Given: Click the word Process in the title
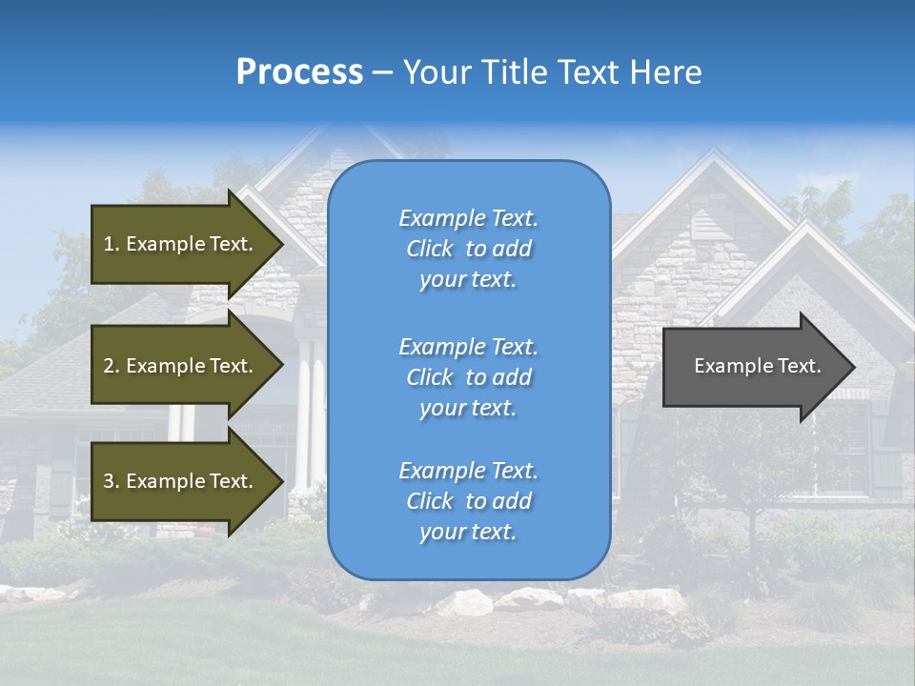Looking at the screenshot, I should coord(299,72).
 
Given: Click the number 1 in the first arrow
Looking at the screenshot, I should coord(109,244).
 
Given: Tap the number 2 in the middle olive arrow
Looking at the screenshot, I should coord(109,366).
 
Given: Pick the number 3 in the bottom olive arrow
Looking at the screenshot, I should coord(109,481).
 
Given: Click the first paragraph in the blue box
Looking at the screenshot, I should coord(468,249).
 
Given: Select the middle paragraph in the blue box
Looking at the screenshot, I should coord(468,377).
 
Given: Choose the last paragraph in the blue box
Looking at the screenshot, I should coord(468,501).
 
